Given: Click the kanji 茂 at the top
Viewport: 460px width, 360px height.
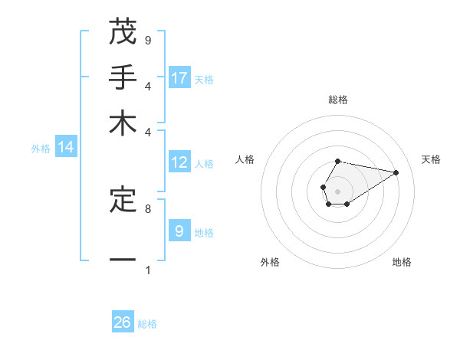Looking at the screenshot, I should pyautogui.click(x=123, y=32).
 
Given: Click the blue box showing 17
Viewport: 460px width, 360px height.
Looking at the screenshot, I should pyautogui.click(x=179, y=77).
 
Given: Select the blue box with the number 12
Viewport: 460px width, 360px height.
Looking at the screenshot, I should pyautogui.click(x=179, y=162).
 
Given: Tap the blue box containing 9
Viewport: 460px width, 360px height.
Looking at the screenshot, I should pyautogui.click(x=179, y=231).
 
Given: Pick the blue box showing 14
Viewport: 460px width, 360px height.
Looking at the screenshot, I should pyautogui.click(x=65, y=148).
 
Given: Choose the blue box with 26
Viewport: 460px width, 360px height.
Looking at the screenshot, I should pyautogui.click(x=123, y=322).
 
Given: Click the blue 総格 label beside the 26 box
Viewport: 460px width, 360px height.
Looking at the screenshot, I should pyautogui.click(x=147, y=324).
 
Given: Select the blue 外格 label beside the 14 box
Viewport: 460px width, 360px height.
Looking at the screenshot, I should pyautogui.click(x=41, y=149).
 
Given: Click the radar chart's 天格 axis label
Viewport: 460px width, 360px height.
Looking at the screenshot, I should pyautogui.click(x=431, y=159).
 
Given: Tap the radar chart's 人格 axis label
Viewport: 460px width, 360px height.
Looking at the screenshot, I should pyautogui.click(x=245, y=159).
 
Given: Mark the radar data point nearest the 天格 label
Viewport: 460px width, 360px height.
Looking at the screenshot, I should pyautogui.click(x=396, y=172).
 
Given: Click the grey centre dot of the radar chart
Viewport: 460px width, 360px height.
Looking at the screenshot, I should pyautogui.click(x=337, y=191).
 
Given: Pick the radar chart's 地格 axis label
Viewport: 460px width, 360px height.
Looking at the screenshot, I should pyautogui.click(x=402, y=263).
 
